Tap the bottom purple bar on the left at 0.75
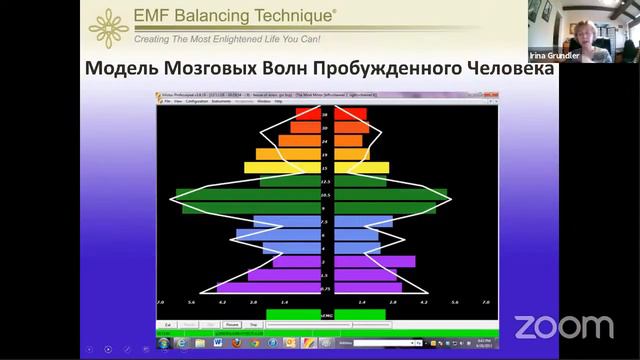[268, 288]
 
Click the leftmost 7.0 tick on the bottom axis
[160, 301]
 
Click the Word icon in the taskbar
[218, 342]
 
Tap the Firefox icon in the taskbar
[236, 342]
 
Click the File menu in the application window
[169, 101]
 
